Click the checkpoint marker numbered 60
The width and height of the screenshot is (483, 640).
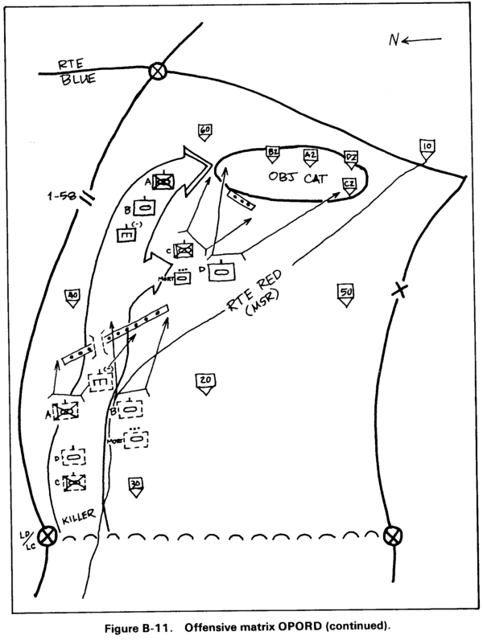tap(204, 131)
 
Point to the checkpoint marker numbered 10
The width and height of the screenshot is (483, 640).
tap(427, 148)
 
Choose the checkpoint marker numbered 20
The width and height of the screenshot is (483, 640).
tap(204, 381)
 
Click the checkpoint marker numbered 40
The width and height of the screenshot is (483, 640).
tap(72, 296)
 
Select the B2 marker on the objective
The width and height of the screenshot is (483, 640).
tap(273, 152)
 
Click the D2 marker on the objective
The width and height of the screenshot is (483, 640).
tap(351, 157)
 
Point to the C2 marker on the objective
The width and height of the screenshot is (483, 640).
tap(349, 184)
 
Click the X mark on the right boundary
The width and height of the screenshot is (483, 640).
tap(396, 290)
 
